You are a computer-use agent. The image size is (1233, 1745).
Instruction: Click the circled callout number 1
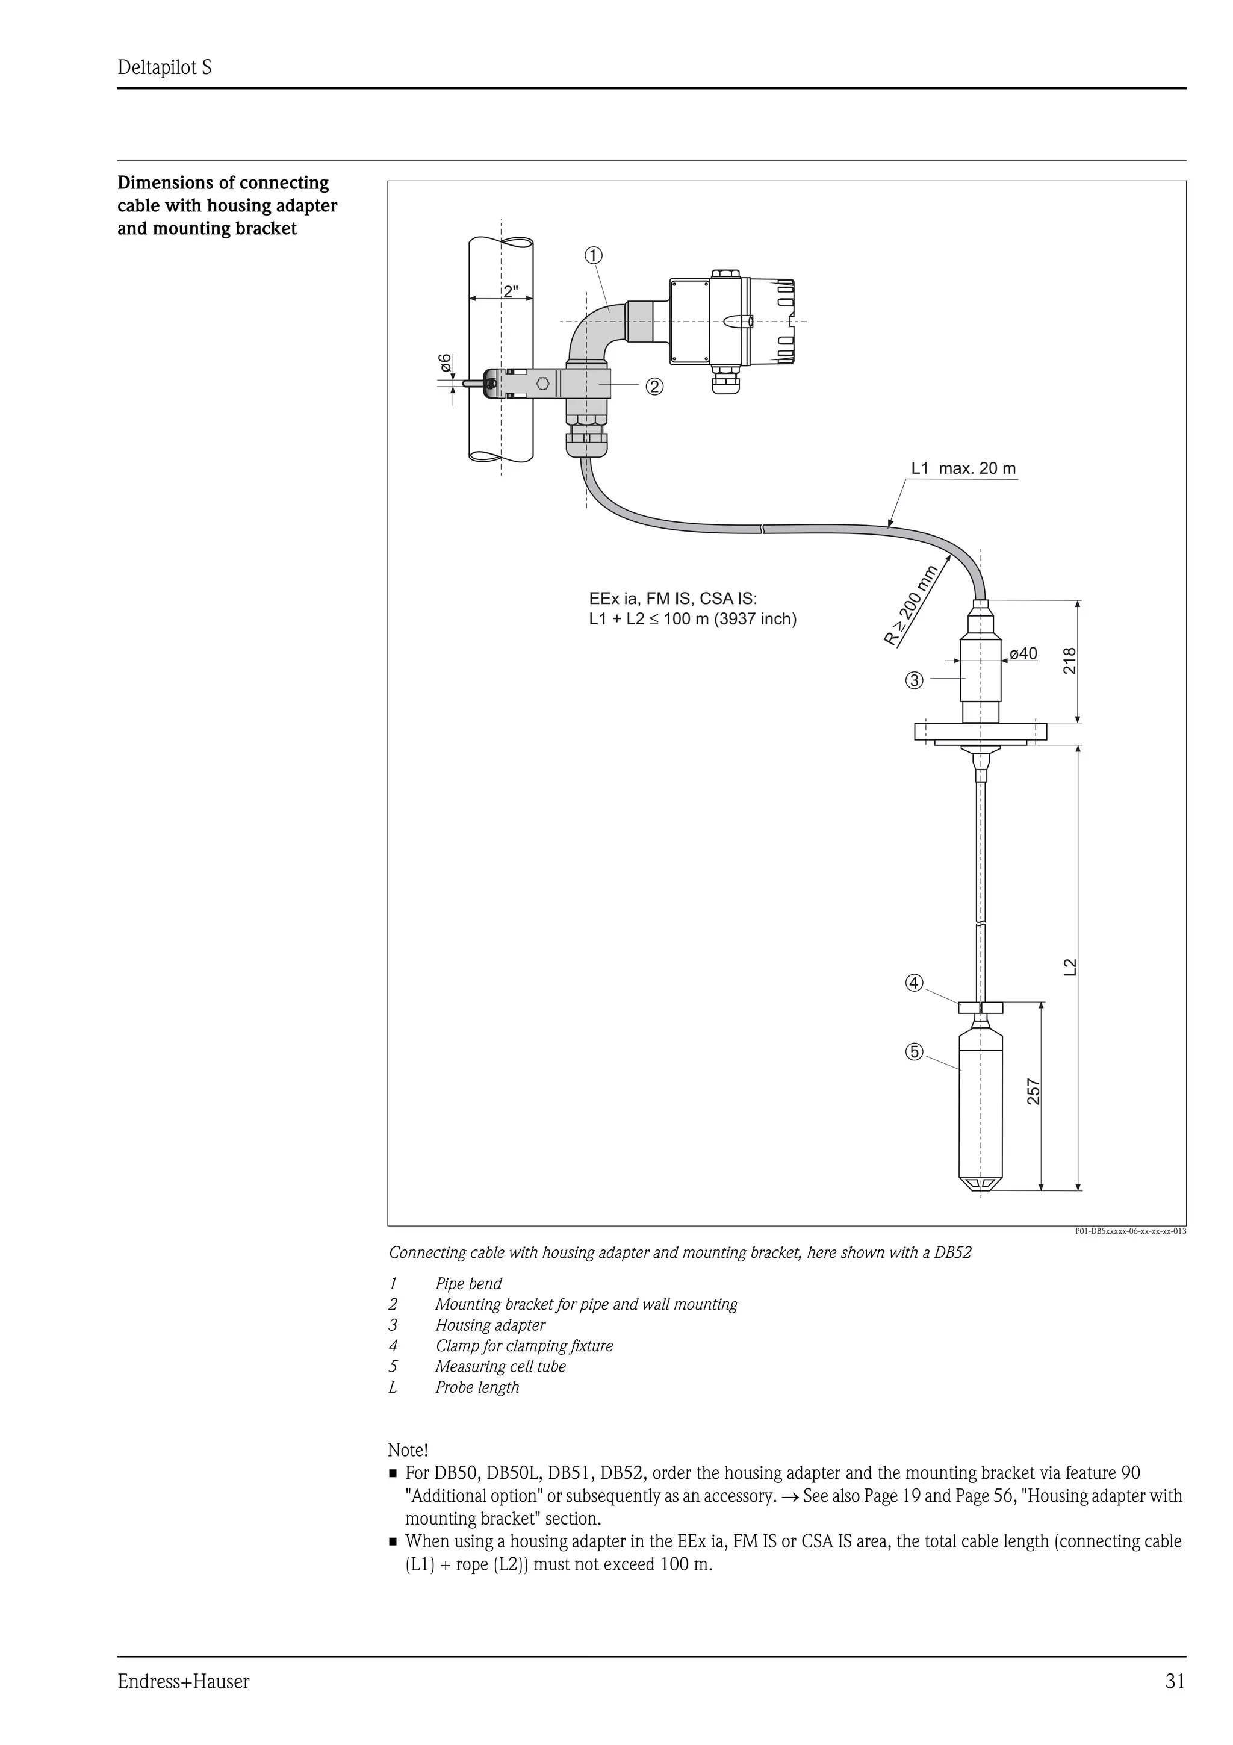click(x=594, y=255)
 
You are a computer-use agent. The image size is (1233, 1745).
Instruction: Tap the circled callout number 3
click(x=914, y=680)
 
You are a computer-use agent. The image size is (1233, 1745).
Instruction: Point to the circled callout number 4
click(x=914, y=983)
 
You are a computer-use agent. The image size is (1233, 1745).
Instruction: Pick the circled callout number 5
click(x=914, y=1052)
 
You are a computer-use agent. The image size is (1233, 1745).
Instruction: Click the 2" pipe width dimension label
click(x=511, y=291)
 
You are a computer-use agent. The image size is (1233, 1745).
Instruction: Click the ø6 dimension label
click(x=445, y=363)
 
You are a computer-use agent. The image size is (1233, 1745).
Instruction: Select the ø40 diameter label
click(x=1022, y=653)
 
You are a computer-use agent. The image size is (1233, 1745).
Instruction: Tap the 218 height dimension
click(x=1070, y=661)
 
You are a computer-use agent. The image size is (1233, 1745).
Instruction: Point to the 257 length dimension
click(x=1034, y=1092)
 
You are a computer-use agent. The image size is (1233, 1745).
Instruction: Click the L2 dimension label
click(x=1070, y=967)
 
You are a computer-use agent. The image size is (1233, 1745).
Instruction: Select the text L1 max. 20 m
click(x=963, y=468)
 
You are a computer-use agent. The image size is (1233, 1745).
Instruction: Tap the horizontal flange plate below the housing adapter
click(x=981, y=732)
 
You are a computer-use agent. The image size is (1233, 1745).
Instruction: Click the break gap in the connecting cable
click(x=762, y=528)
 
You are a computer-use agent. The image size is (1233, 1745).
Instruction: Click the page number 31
click(x=1175, y=1681)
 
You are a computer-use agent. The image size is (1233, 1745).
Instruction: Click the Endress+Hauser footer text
click(x=183, y=1681)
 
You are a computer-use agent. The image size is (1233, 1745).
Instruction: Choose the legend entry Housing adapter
click(x=490, y=1325)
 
